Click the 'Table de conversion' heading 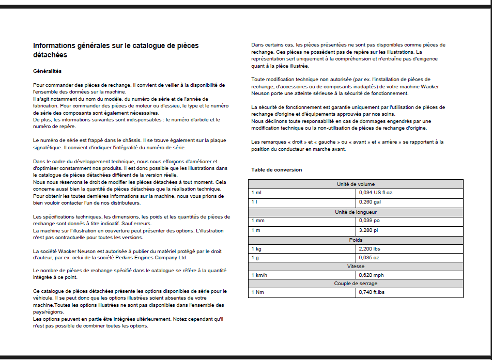point(276,170)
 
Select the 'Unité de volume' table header point(356,184)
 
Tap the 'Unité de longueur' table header point(356,212)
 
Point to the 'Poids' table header point(356,240)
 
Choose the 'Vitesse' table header point(356,267)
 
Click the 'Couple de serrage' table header point(356,284)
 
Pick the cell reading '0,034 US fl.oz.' point(379,193)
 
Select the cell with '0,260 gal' point(371,202)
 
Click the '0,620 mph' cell point(372,275)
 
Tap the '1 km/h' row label point(260,275)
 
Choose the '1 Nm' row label point(257,292)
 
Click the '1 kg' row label point(256,249)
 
